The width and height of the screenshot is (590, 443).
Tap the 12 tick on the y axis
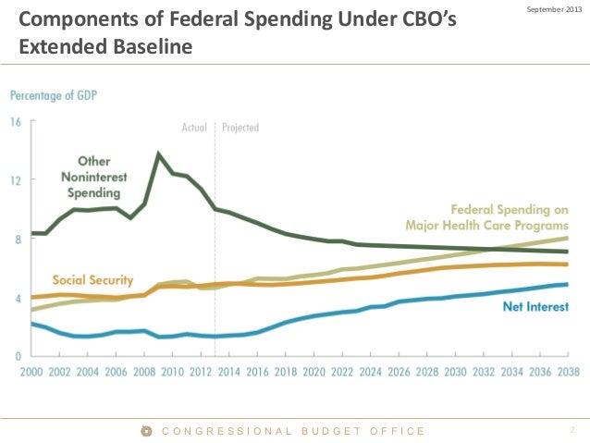click(16, 179)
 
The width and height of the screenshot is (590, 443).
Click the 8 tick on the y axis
click(17, 240)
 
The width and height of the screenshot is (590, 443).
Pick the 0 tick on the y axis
click(17, 355)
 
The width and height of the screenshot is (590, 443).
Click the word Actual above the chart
click(194, 128)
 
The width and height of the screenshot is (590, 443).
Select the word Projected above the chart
click(240, 128)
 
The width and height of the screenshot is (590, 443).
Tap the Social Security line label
click(92, 280)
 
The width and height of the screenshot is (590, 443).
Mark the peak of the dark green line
click(159, 154)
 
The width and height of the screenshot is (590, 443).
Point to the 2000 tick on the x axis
click(32, 372)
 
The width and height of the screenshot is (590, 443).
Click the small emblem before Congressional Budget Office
click(145, 430)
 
